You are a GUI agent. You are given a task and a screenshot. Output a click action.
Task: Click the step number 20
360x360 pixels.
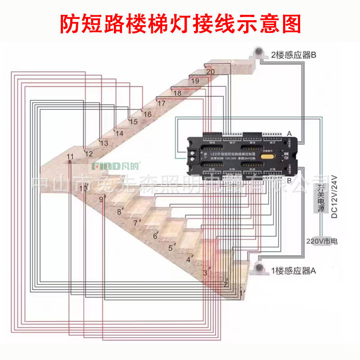pos(210,72)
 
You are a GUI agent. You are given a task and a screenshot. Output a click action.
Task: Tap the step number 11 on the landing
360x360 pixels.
pos(70,156)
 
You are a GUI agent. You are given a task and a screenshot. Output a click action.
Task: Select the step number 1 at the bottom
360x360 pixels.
pos(242,293)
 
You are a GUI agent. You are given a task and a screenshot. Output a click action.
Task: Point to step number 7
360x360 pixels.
pos(135,223)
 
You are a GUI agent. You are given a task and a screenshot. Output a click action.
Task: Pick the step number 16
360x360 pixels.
pos(147,114)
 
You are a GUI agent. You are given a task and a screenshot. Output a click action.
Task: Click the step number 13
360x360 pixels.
pos(104,144)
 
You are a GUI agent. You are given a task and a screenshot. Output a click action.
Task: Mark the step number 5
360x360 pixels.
pos(171,248)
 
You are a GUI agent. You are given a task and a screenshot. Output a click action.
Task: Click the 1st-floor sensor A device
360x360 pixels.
pos(259,269)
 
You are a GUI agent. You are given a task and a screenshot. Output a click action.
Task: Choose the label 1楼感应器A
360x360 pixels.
pos(294,271)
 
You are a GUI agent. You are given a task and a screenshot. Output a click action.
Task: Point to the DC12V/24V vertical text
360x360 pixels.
pos(334,197)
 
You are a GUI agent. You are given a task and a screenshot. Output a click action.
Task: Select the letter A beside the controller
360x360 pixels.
pos(289,133)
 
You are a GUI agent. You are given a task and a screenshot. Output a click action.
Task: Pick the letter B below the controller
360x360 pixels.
pos(289,180)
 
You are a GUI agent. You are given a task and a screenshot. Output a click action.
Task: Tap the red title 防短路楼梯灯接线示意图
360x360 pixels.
pos(180,24)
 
